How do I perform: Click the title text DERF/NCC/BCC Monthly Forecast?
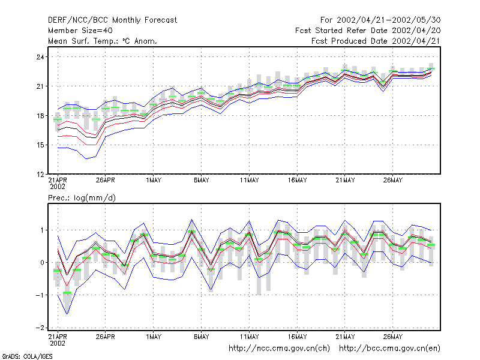pyautogui.click(x=112, y=20)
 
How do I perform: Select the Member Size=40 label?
pyautogui.click(x=80, y=31)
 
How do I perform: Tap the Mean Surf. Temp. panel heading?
pyautogui.click(x=102, y=41)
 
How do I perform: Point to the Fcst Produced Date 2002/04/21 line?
pyautogui.click(x=376, y=41)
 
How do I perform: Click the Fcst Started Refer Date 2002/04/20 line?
pyautogui.click(x=368, y=31)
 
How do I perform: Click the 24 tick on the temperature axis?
pyautogui.click(x=40, y=57)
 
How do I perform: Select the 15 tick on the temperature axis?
pyautogui.click(x=40, y=145)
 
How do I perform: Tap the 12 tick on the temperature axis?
pyautogui.click(x=40, y=175)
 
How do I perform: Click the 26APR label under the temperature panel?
pyautogui.click(x=106, y=180)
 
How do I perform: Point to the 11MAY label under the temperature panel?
pyautogui.click(x=249, y=180)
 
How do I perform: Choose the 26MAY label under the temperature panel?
pyautogui.click(x=393, y=180)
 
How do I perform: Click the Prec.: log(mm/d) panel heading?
pyautogui.click(x=82, y=198)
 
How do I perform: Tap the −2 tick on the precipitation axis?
pyautogui.click(x=40, y=328)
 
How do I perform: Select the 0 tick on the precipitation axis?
pyautogui.click(x=42, y=263)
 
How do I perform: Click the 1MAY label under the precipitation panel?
pyautogui.click(x=154, y=337)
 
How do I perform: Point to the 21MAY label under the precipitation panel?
pyautogui.click(x=345, y=337)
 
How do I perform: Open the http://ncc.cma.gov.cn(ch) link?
pyautogui.click(x=279, y=349)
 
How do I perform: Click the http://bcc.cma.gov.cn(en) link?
pyautogui.click(x=389, y=349)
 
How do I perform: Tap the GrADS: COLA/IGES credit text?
pyautogui.click(x=27, y=356)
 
